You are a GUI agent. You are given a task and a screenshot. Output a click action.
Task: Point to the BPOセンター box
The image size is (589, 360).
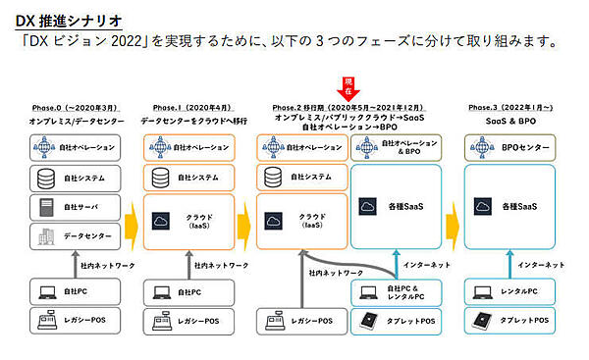pos(512,148)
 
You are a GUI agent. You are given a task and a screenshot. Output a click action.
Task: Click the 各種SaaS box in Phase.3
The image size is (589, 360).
pos(512,207)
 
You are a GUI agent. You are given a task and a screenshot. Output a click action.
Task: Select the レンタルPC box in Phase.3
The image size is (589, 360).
pos(512,291)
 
